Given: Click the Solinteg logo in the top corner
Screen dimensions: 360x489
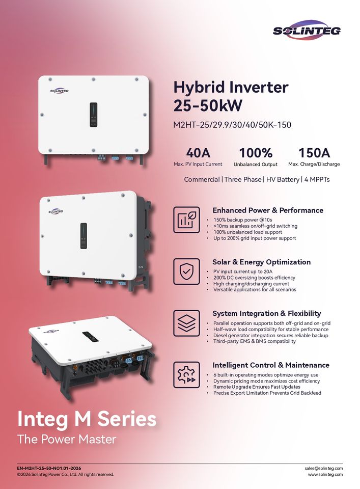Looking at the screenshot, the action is [x=307, y=30].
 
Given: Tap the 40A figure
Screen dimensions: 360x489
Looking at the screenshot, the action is [x=198, y=152].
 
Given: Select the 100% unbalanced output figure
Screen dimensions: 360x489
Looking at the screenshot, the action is [x=256, y=152].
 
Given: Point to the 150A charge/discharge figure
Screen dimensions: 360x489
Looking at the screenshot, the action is [x=314, y=152].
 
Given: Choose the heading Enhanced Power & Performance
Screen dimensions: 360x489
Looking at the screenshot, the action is [x=267, y=210].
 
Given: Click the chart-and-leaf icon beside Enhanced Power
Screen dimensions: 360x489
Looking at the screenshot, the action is [x=186, y=220].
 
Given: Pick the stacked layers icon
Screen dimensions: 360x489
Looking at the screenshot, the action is [x=186, y=322].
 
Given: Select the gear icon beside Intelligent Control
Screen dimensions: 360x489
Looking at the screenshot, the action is [x=186, y=374].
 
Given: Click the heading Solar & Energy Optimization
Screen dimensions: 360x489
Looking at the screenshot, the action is [x=261, y=262].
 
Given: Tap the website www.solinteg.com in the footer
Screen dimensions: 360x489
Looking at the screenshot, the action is [x=325, y=475].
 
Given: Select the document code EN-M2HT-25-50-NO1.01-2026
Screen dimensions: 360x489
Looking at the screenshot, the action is [x=49, y=468].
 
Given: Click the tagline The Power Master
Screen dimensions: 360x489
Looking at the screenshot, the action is [x=67, y=439].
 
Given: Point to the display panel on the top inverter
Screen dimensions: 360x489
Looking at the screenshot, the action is [x=93, y=115].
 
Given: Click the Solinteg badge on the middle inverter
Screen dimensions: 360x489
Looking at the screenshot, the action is [x=56, y=211].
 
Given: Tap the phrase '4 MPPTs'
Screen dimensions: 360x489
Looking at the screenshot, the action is [x=317, y=180].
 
